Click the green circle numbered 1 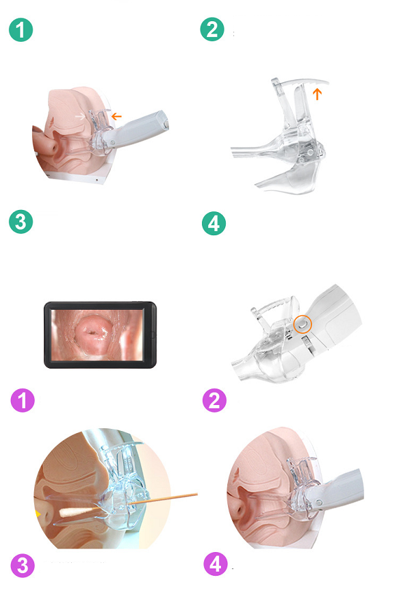(21, 30)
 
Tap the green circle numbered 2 (212, 29)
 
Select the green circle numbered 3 (21, 222)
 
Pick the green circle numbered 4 (214, 224)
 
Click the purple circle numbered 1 (23, 400)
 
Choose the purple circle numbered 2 (214, 400)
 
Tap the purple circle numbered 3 (23, 566)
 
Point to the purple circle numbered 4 (216, 564)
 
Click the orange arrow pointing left (116, 116)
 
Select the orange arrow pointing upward (318, 94)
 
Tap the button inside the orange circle (303, 324)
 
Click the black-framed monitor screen (100, 334)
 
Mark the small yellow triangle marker (38, 513)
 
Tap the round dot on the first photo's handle (112, 142)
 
